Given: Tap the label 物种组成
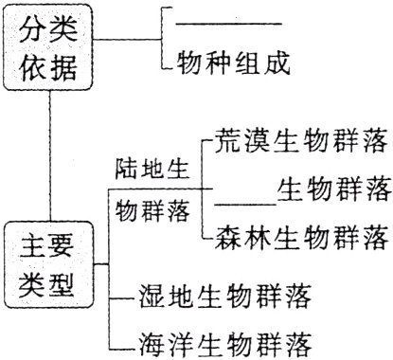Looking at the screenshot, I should [x=232, y=64].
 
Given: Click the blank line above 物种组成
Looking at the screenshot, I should [x=231, y=22].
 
